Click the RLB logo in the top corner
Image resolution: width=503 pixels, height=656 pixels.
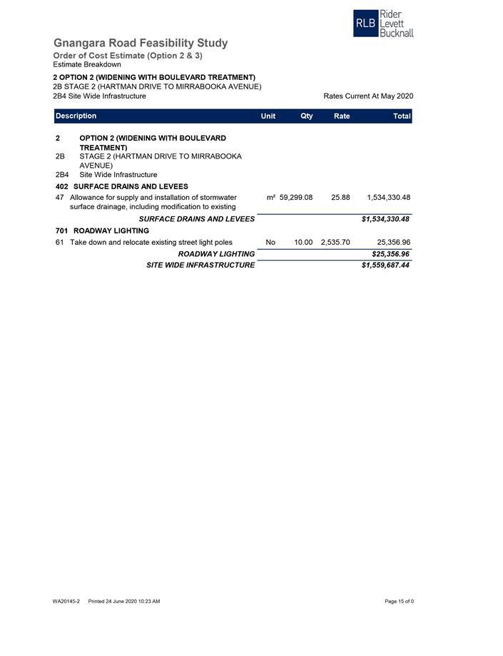(383, 24)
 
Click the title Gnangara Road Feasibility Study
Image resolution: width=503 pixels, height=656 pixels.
(141, 43)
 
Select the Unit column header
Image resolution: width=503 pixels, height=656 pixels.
(268, 116)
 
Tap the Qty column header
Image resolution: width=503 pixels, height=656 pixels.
(306, 116)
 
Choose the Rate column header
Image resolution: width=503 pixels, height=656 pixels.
(342, 116)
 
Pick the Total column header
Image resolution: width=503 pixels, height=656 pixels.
(402, 116)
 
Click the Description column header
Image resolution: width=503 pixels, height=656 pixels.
(76, 116)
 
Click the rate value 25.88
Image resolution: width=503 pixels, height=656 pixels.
(340, 198)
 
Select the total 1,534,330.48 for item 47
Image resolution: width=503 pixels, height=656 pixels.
(388, 198)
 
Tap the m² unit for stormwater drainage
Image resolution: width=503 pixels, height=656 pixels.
(270, 198)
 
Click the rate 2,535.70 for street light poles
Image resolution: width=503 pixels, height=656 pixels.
(335, 243)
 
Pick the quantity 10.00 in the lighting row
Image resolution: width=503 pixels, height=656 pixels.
(303, 243)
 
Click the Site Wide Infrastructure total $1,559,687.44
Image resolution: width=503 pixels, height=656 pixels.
(385, 266)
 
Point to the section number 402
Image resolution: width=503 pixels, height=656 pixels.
(61, 187)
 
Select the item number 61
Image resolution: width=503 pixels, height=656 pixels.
(59, 243)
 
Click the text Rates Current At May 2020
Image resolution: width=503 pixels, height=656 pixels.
(368, 96)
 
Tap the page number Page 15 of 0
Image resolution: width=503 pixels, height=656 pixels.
(399, 602)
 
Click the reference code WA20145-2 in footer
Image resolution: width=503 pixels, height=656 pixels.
(66, 602)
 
